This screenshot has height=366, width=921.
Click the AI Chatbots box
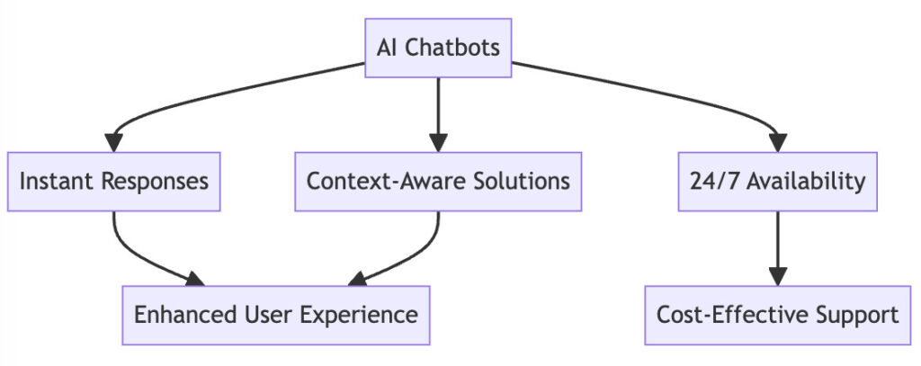tap(438, 48)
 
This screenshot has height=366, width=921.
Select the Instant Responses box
tap(114, 182)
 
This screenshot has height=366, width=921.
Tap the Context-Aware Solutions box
tap(438, 182)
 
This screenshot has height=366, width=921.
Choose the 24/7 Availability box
tap(778, 182)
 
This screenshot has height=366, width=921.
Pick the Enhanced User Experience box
tap(276, 316)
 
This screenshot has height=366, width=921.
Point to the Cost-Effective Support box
tap(778, 316)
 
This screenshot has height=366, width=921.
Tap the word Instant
tap(57, 182)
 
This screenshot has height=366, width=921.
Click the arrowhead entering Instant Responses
tap(114, 143)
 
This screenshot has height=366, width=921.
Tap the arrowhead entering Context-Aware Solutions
tap(438, 143)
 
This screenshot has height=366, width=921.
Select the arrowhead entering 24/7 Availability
tap(778, 143)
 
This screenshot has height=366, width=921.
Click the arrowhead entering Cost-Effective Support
tap(778, 277)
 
